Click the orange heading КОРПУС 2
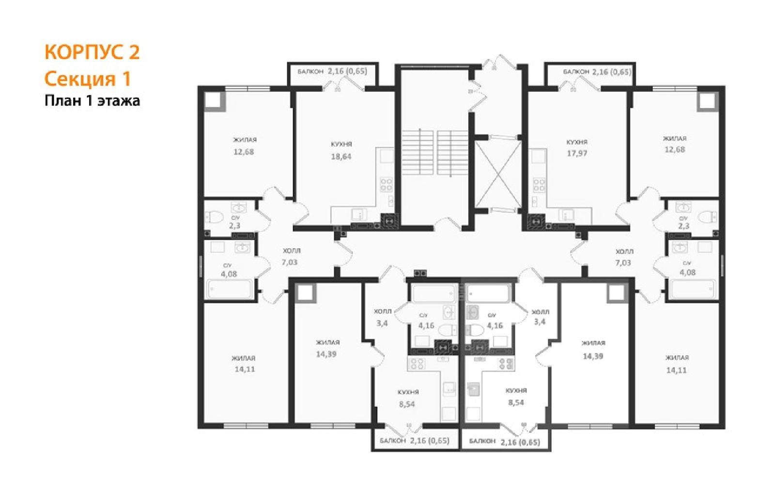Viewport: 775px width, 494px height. click(92, 52)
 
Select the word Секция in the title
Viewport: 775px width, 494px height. click(80, 79)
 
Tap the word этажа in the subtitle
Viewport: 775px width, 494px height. click(119, 101)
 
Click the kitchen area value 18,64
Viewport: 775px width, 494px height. click(341, 156)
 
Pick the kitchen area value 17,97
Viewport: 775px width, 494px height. click(577, 153)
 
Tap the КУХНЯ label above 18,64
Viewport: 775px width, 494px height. click(341, 144)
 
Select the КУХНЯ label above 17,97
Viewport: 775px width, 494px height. click(577, 142)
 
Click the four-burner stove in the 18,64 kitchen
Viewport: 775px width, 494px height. click(386, 185)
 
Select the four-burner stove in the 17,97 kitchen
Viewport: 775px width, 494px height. click(539, 185)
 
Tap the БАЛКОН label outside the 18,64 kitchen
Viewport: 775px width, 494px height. click(310, 72)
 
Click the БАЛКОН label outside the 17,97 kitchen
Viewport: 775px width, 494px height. click(576, 72)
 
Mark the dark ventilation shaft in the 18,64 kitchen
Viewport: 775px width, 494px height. click(389, 221)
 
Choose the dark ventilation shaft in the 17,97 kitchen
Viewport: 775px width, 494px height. click(536, 221)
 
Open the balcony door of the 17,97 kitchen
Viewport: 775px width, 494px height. click(579, 84)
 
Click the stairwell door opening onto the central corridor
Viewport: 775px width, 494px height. click(448, 224)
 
